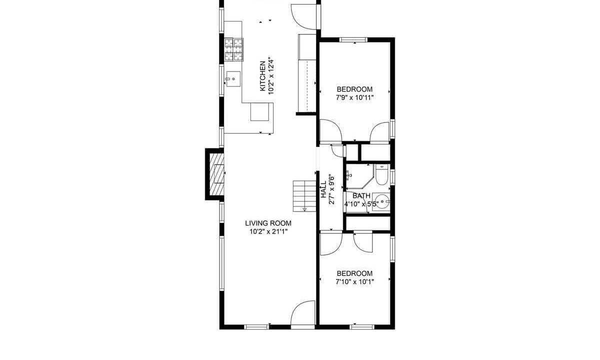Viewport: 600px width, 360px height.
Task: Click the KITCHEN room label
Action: (x=262, y=76)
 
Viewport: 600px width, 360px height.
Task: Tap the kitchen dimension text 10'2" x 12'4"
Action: (x=271, y=75)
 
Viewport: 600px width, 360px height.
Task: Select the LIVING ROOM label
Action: (x=268, y=223)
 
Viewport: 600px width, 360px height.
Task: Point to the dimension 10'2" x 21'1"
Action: (x=268, y=231)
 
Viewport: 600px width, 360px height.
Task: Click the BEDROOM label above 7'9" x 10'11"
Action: (x=354, y=89)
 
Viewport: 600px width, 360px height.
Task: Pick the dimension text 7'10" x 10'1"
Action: (x=355, y=282)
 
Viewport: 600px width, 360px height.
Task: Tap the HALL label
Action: (x=324, y=189)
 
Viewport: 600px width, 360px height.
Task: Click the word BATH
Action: (x=361, y=196)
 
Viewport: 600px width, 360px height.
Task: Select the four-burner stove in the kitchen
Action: (x=234, y=49)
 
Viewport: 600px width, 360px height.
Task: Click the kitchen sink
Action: (x=233, y=79)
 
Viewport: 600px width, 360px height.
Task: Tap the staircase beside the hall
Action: (x=304, y=196)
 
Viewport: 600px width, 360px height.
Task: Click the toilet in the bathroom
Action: (x=381, y=174)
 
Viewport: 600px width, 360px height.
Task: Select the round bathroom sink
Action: (x=381, y=201)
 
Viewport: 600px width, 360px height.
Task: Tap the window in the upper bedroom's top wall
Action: (x=353, y=39)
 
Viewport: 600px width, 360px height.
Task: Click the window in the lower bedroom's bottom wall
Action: (x=362, y=327)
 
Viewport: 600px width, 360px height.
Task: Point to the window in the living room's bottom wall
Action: (x=256, y=327)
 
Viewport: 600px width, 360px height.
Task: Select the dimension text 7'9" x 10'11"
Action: (x=354, y=98)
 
